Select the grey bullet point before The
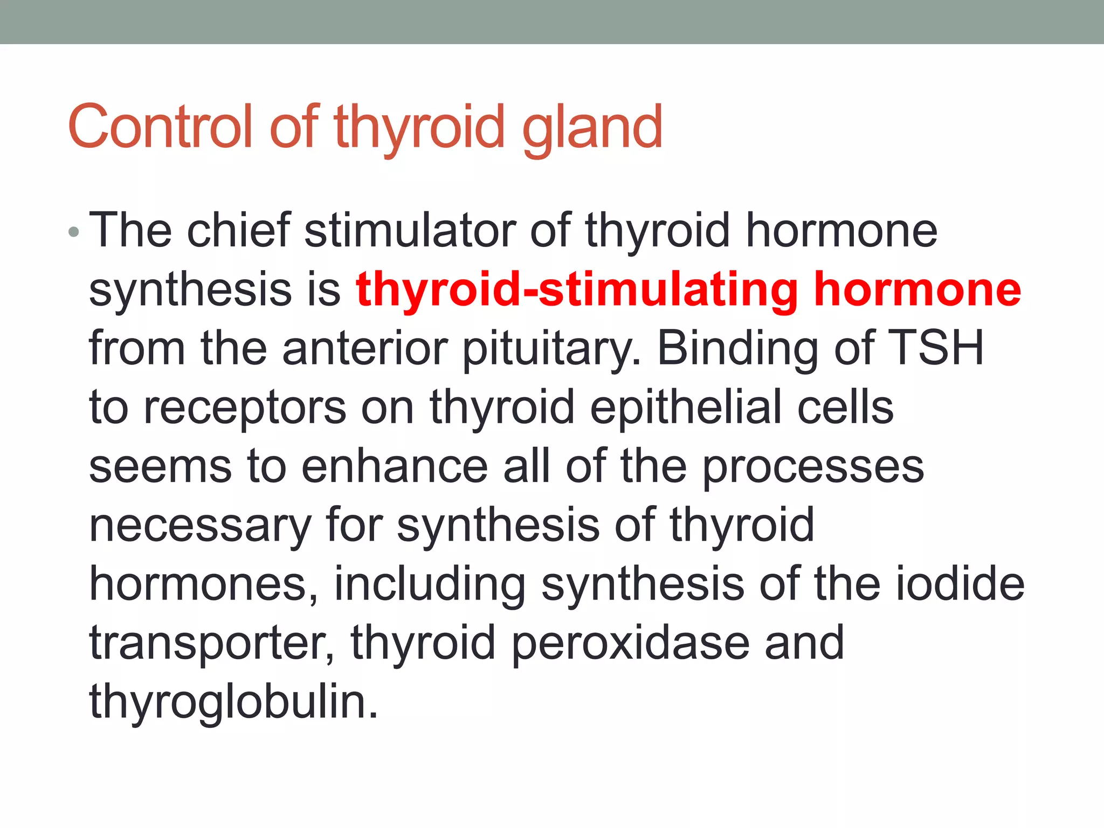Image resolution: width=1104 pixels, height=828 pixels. (x=74, y=233)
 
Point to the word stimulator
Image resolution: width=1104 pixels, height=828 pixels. (x=410, y=231)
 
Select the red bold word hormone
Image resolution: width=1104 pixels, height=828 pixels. (x=917, y=290)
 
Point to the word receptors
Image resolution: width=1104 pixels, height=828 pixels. (x=245, y=409)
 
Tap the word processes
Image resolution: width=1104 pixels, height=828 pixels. (x=813, y=467)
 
